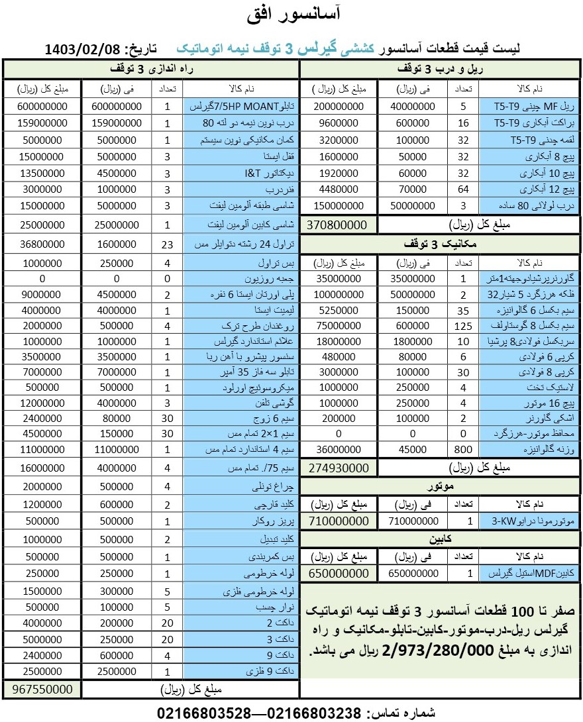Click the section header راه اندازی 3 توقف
click(x=150, y=69)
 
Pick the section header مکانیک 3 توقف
click(x=441, y=243)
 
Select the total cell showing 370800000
click(x=338, y=225)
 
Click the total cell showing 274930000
click(x=338, y=467)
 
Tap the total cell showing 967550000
click(x=42, y=689)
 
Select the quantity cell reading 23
click(x=168, y=244)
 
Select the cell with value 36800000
click(x=42, y=244)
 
